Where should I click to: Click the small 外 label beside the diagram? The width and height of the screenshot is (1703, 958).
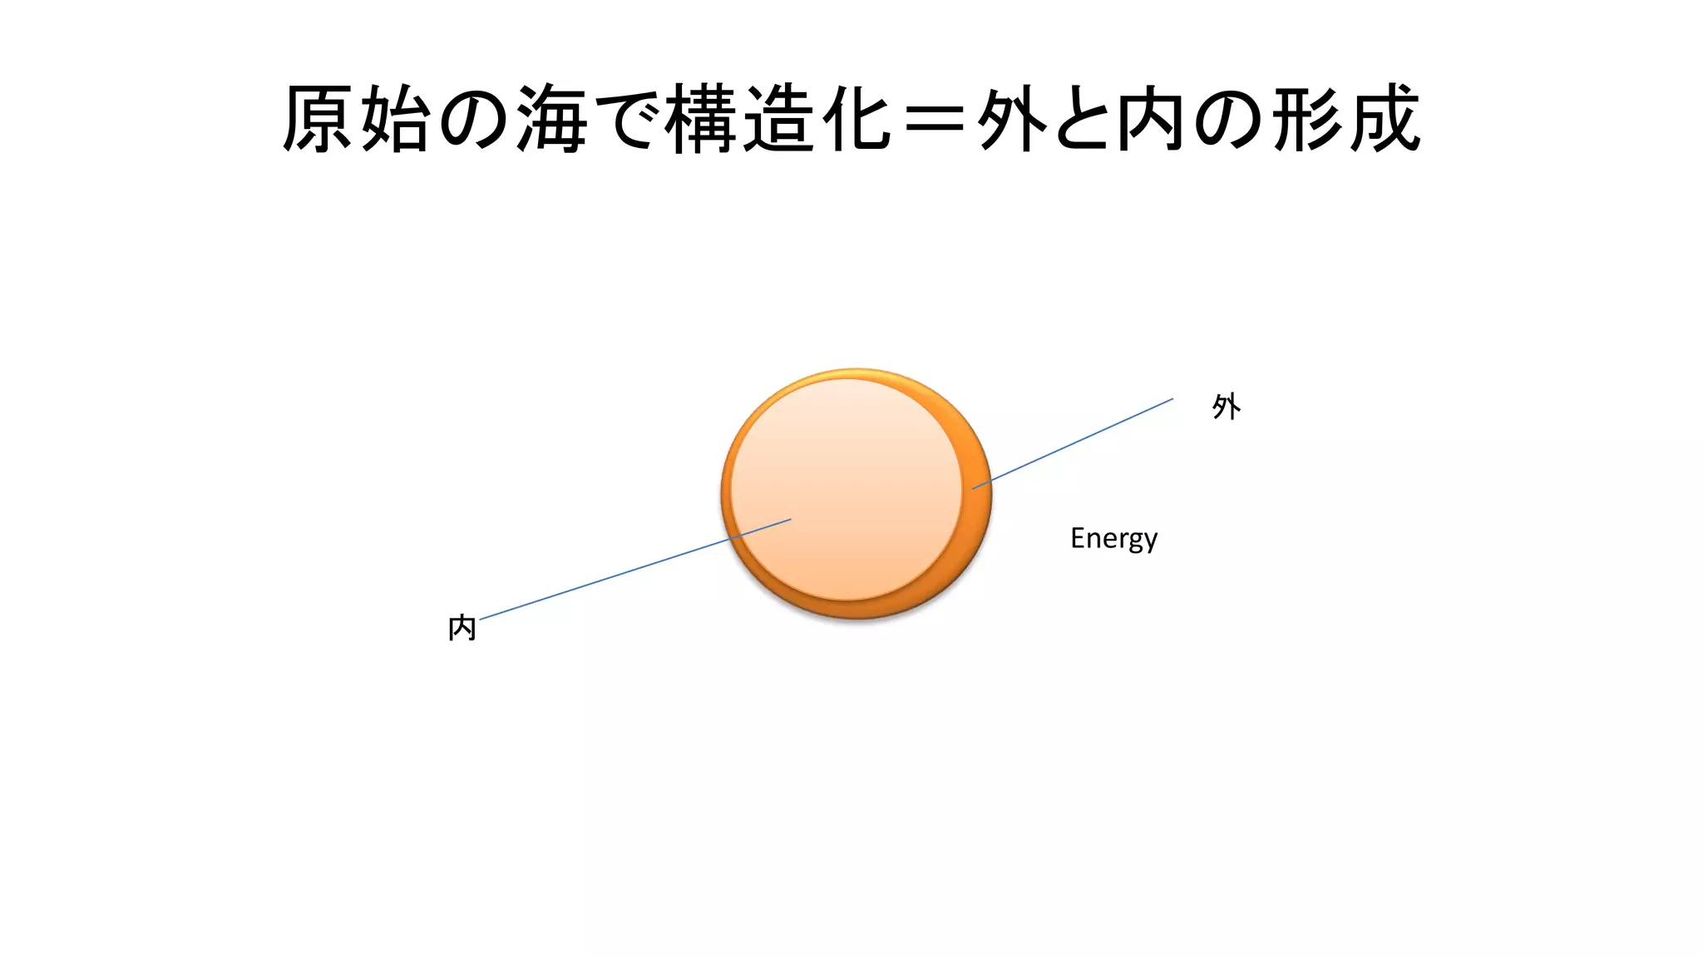[1226, 407]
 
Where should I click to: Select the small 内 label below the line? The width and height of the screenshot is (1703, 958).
[462, 628]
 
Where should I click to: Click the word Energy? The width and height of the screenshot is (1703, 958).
[1113, 539]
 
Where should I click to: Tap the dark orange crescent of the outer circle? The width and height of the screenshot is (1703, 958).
[976, 516]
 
